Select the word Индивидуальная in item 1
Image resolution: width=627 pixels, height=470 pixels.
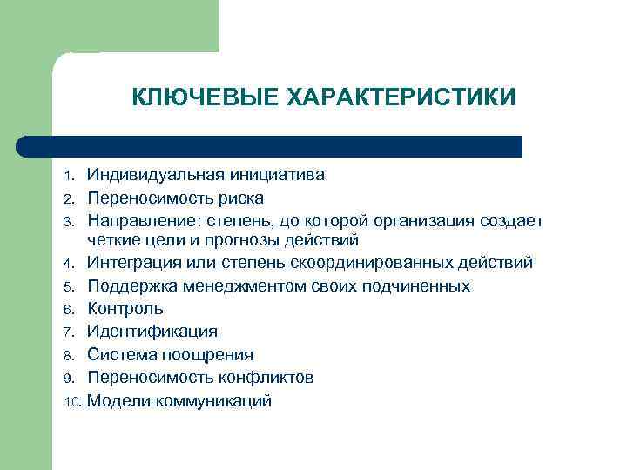click(x=157, y=175)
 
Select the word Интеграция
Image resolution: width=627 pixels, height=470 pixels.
click(x=136, y=262)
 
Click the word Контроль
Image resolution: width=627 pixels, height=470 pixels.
click(x=125, y=309)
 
